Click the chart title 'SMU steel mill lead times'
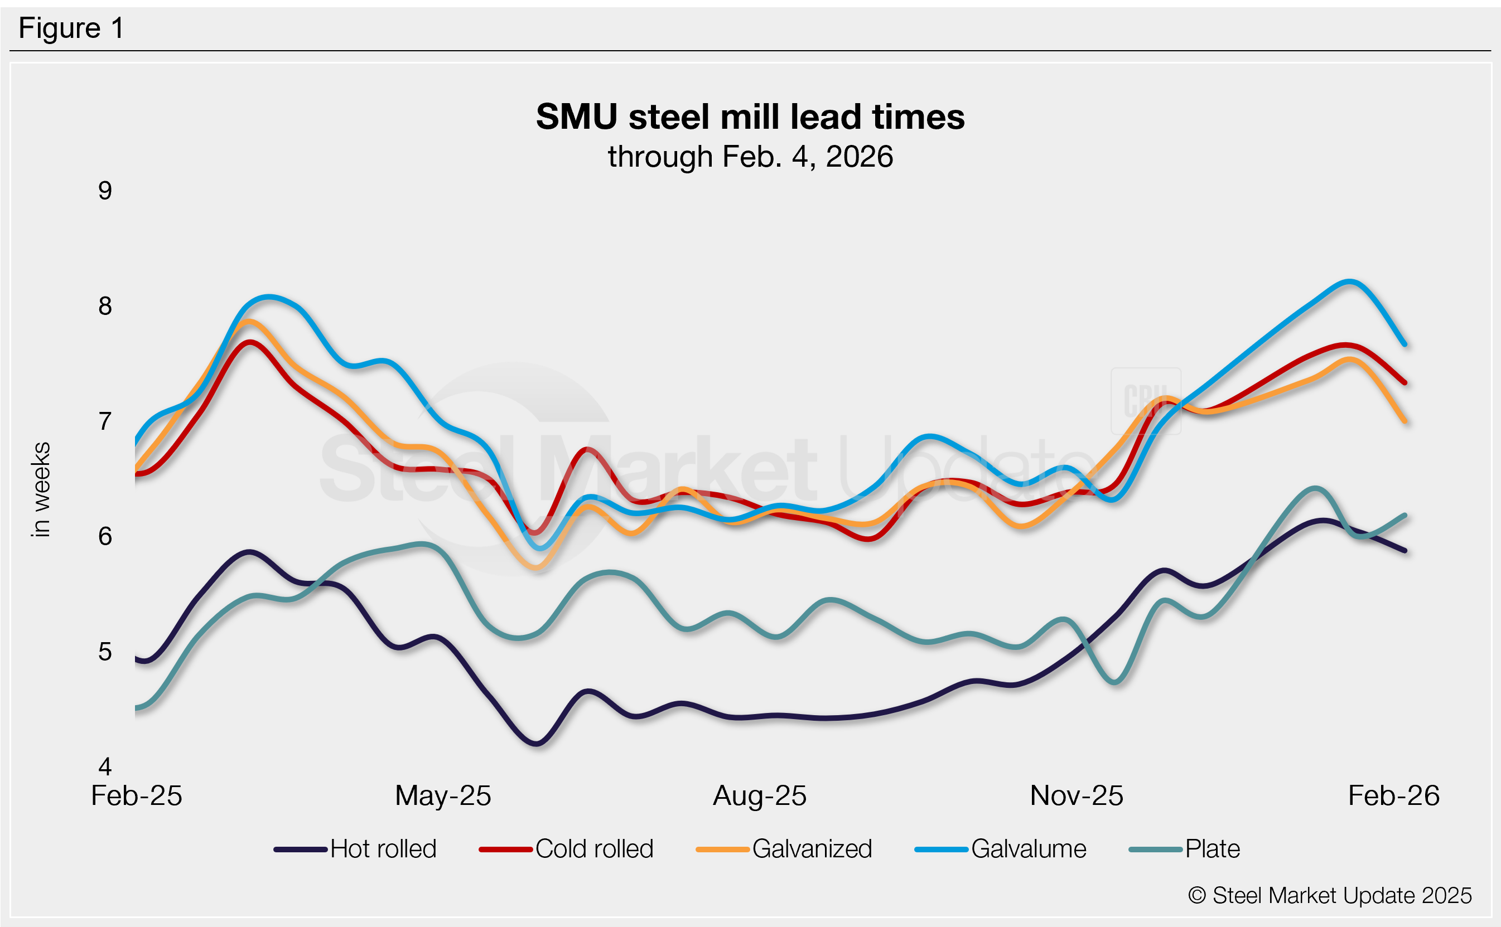point(750,117)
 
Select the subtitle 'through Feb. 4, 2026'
point(750,157)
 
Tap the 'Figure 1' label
point(71,28)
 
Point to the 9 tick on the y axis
point(105,191)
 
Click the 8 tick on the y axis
point(105,306)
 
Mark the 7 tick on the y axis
point(105,422)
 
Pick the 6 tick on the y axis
point(105,536)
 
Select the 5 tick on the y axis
point(105,652)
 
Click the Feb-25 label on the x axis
point(136,796)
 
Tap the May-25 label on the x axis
point(443,796)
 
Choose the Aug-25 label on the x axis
point(759,796)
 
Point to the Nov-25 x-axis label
point(1077,796)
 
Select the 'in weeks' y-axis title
point(41,489)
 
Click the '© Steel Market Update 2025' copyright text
point(1330,896)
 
